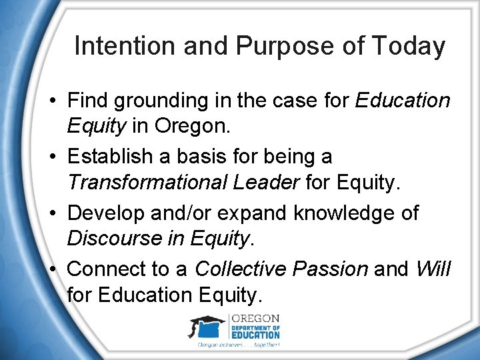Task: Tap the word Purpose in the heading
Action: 269,47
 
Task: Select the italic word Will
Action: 433,269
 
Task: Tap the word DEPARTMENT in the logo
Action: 255,327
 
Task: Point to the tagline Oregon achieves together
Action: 238,345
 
